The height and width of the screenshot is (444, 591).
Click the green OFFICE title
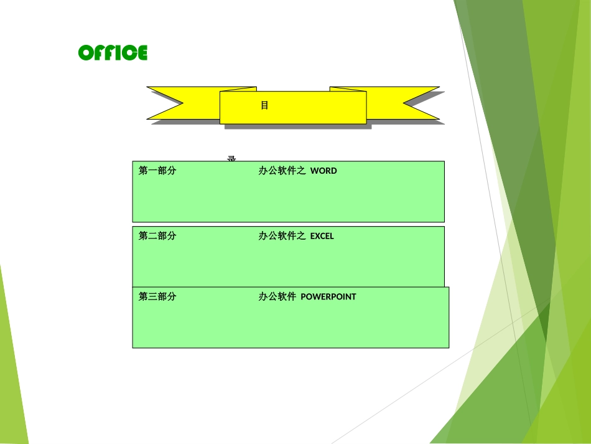113,53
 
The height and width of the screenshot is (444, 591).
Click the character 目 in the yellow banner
264,105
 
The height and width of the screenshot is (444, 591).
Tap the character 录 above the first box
231,158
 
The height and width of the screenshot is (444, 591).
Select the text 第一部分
157,171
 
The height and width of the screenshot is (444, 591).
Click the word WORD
323,171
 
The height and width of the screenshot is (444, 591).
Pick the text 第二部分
157,236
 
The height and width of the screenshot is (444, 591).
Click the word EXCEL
322,236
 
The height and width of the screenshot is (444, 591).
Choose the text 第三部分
157,296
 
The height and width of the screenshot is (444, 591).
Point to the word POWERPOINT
328,296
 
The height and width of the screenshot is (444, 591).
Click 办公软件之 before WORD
282,171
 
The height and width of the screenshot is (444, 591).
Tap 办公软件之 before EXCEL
282,236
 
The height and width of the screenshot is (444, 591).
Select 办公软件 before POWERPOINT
277,296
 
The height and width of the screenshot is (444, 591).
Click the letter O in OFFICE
85,53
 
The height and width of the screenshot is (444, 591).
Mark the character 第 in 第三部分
143,296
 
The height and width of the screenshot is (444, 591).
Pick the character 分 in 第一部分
172,171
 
